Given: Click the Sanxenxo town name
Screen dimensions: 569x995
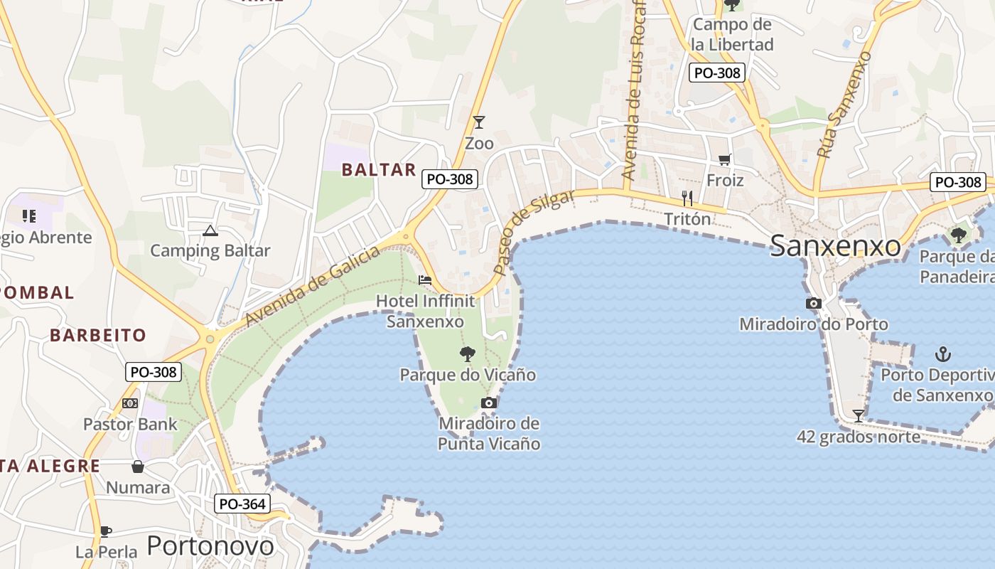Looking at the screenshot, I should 835,246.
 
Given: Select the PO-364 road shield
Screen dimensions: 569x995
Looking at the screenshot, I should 242,504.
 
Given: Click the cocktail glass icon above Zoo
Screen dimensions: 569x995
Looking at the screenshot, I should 479,122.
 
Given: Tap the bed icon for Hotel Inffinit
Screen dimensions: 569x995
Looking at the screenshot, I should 425,280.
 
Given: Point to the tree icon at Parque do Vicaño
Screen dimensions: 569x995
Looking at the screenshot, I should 467,353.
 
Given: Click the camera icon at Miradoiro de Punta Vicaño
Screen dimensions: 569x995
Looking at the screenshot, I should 488,403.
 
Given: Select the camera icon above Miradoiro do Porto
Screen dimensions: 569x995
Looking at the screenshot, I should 814,304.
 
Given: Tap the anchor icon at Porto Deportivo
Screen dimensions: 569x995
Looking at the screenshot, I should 942,353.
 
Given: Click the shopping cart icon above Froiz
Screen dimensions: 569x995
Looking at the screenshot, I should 724,160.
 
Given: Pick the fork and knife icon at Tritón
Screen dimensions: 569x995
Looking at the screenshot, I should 687,198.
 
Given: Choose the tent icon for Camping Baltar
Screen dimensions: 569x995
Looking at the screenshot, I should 210,230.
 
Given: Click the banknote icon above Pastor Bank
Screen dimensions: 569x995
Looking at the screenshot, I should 130,403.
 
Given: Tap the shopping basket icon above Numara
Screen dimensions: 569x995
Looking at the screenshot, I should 138,467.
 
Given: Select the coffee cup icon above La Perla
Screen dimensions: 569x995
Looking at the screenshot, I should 106,531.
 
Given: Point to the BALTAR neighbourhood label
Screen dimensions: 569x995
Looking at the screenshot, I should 379,169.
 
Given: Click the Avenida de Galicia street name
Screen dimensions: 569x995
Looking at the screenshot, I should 313,285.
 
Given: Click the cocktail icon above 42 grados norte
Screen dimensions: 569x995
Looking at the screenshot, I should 859,415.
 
